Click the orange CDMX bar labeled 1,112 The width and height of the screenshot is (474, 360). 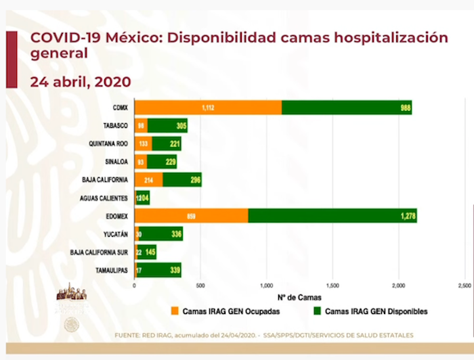pos(209,108)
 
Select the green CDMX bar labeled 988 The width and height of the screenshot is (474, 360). pos(347,108)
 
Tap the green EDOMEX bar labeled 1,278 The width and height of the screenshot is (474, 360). pos(332,216)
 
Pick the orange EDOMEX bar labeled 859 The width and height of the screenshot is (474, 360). pos(192,216)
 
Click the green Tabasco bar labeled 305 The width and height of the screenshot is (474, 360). pos(167,126)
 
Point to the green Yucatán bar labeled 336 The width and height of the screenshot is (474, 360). pos(160,234)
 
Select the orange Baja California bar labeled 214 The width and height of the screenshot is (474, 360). pos(149,180)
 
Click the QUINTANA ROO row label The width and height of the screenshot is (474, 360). pos(108,144)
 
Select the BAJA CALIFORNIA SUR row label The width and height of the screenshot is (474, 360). pos(100,252)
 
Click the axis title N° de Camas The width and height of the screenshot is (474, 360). pos(300,297)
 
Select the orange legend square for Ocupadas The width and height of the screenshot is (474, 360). pos(175,311)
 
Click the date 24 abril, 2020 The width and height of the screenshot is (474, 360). pos(81,81)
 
